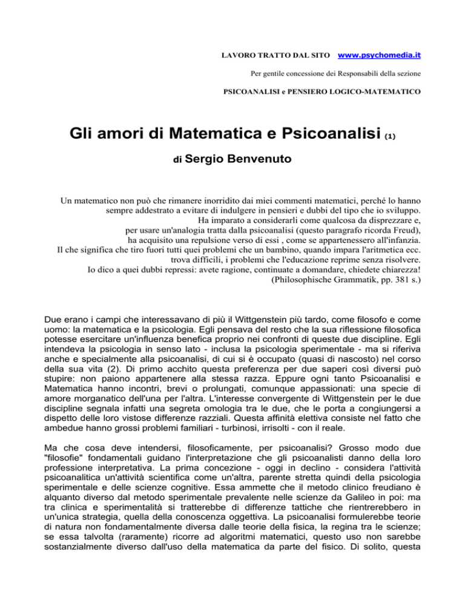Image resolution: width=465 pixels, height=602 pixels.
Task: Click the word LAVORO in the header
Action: click(233, 56)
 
